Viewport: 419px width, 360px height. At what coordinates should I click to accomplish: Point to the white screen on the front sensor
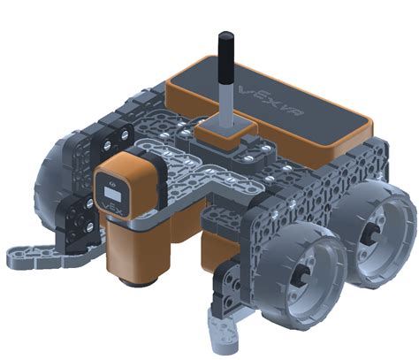[x=113, y=194]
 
